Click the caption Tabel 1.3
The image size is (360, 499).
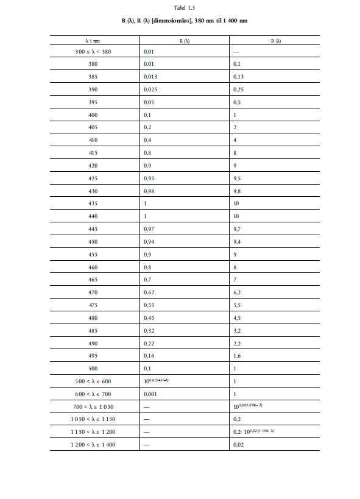tap(180, 7)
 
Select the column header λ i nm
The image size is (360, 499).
tap(93, 41)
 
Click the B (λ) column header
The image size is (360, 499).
tap(185, 41)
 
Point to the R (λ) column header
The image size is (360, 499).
tap(276, 41)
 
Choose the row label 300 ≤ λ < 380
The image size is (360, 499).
tap(93, 52)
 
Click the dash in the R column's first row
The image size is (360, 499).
tap(236, 52)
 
